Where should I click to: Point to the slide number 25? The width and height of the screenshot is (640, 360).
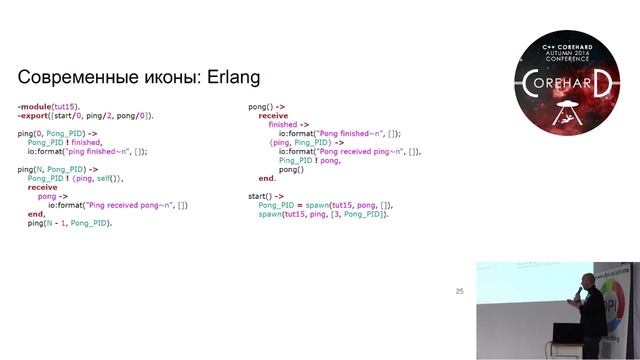459,291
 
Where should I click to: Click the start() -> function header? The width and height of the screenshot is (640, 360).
265,196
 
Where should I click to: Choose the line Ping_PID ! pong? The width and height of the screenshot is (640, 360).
312,160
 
